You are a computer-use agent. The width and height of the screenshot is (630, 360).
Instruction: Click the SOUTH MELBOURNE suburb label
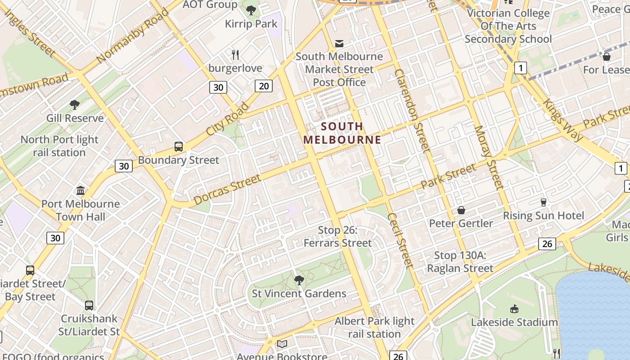coord(342,133)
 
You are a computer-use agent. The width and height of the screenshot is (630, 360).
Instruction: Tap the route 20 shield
coord(263,85)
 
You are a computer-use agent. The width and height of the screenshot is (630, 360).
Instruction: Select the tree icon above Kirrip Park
coord(251,10)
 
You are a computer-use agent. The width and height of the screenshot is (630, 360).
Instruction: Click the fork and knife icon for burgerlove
coord(235,55)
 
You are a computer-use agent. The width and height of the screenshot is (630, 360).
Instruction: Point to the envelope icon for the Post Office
coord(339,44)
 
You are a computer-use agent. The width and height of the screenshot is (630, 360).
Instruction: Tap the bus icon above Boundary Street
coord(179,147)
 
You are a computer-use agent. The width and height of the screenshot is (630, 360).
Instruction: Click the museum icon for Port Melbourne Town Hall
coord(81,191)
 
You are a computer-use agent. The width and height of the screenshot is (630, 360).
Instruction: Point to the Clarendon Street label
coord(412,110)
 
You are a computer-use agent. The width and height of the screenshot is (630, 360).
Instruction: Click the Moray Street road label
coord(488,157)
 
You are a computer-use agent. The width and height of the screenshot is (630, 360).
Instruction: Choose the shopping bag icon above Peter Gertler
coord(461,210)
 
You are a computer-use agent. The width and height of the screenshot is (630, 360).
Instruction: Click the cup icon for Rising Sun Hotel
coord(543,202)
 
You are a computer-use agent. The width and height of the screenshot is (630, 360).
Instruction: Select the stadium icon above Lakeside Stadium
coord(514,309)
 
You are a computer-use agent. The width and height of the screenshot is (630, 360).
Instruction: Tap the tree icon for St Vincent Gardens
coord(299,281)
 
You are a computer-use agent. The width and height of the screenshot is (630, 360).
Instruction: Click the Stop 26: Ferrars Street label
coord(337,237)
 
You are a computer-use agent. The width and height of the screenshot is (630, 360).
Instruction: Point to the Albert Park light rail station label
coord(374,328)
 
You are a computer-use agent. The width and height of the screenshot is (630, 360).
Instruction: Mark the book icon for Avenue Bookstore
coord(282,344)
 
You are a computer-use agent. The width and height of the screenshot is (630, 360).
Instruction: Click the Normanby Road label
coord(132,36)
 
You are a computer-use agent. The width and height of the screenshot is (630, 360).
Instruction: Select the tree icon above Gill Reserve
coord(75,105)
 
